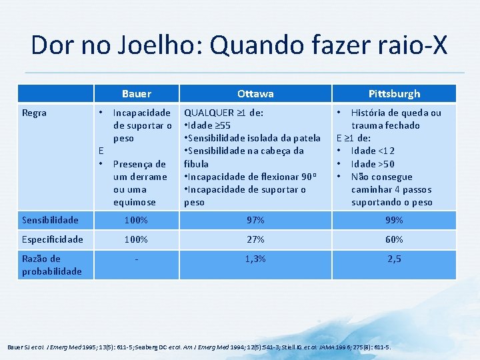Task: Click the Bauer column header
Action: (x=137, y=94)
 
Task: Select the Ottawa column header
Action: (x=255, y=94)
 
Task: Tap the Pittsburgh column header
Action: (x=394, y=94)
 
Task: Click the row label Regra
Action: (x=34, y=113)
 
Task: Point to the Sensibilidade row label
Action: (x=50, y=220)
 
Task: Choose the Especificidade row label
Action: (x=53, y=239)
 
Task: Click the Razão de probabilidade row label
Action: (x=52, y=265)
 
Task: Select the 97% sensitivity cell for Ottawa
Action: (x=255, y=220)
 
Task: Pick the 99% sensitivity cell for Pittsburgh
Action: (x=394, y=220)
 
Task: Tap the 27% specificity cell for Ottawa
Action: (x=255, y=239)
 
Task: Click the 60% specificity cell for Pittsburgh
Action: (x=394, y=239)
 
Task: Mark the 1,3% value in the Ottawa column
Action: (x=255, y=259)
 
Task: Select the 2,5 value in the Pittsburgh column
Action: (x=394, y=259)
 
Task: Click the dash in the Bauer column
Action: (x=137, y=259)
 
